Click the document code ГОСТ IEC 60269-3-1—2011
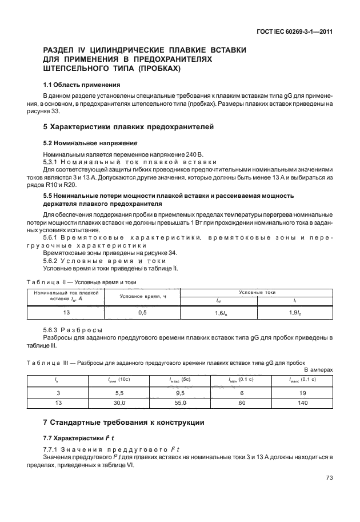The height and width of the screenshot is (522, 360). click(293, 31)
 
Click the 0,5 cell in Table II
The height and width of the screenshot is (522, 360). click(142, 313)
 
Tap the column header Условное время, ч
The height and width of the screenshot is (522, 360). click(142, 296)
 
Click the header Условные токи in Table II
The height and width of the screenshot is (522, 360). click(257, 292)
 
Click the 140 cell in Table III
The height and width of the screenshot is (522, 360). click(303, 403)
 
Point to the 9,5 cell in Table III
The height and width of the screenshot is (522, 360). click(179, 393)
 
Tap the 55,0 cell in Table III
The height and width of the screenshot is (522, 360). click(179, 403)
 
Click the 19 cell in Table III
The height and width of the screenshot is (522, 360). click(303, 393)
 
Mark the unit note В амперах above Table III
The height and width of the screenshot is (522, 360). click(319, 370)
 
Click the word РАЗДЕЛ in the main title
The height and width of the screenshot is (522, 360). click(62, 50)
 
